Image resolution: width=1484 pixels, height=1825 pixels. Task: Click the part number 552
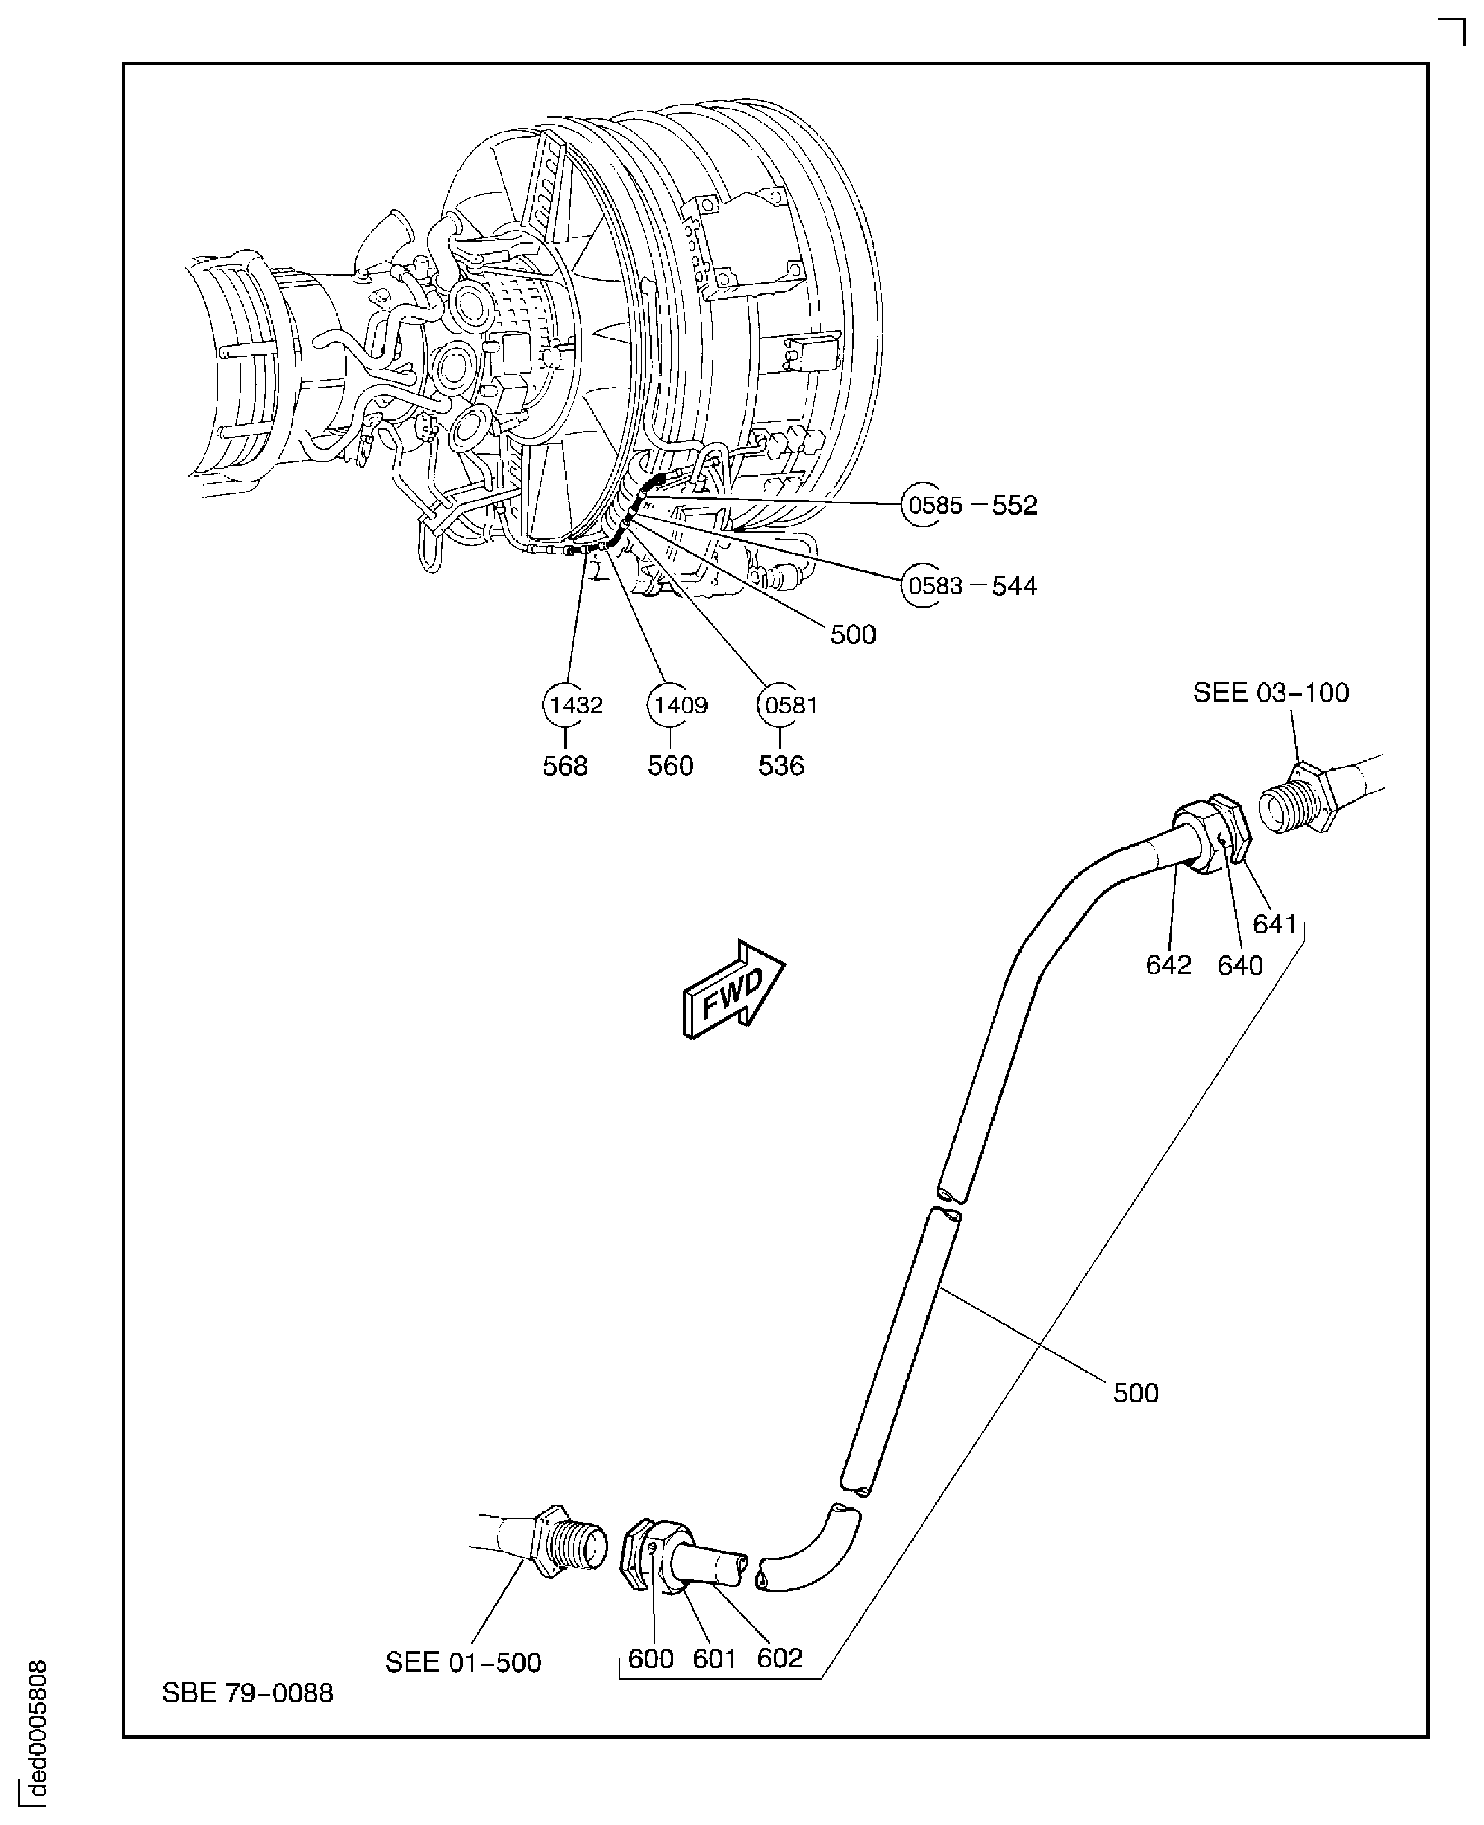(1015, 506)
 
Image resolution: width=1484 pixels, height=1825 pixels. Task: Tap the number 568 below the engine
(565, 766)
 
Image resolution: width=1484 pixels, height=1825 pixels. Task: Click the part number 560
(670, 766)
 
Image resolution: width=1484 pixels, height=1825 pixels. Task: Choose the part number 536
(781, 766)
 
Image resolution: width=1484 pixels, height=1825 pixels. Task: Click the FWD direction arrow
(733, 989)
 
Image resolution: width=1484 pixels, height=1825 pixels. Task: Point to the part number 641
(1275, 925)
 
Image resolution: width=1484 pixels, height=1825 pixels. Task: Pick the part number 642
(1168, 965)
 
